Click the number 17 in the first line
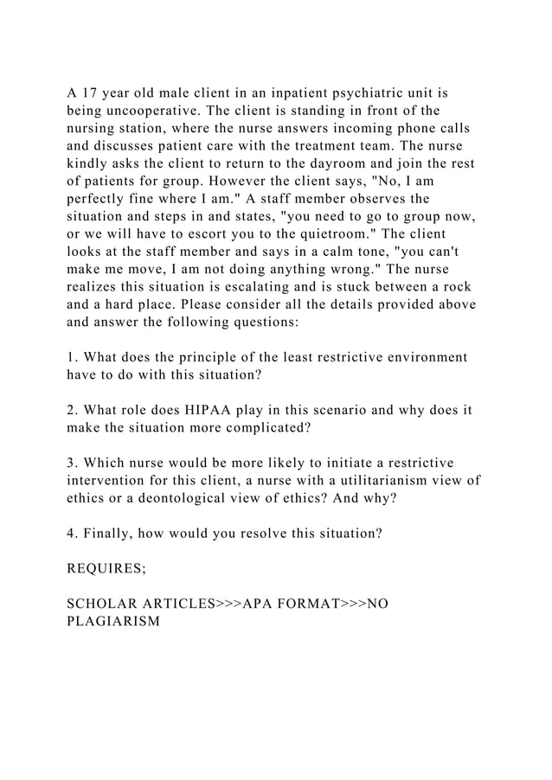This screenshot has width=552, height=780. pos(90,91)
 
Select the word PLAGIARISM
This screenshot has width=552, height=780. pos(113,623)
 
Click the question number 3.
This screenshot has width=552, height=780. pos(71,463)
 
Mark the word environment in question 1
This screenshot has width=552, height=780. pos(424,356)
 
